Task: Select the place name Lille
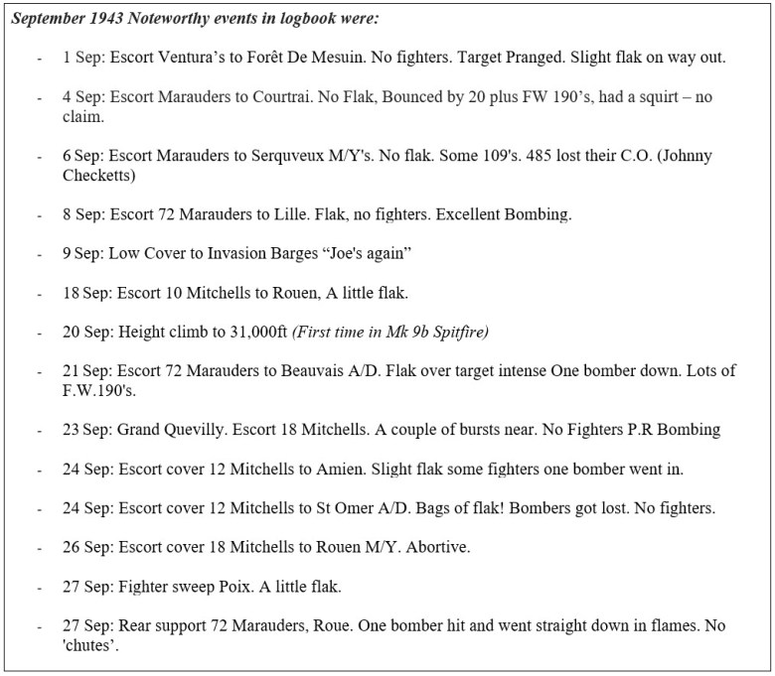pos(309,213)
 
